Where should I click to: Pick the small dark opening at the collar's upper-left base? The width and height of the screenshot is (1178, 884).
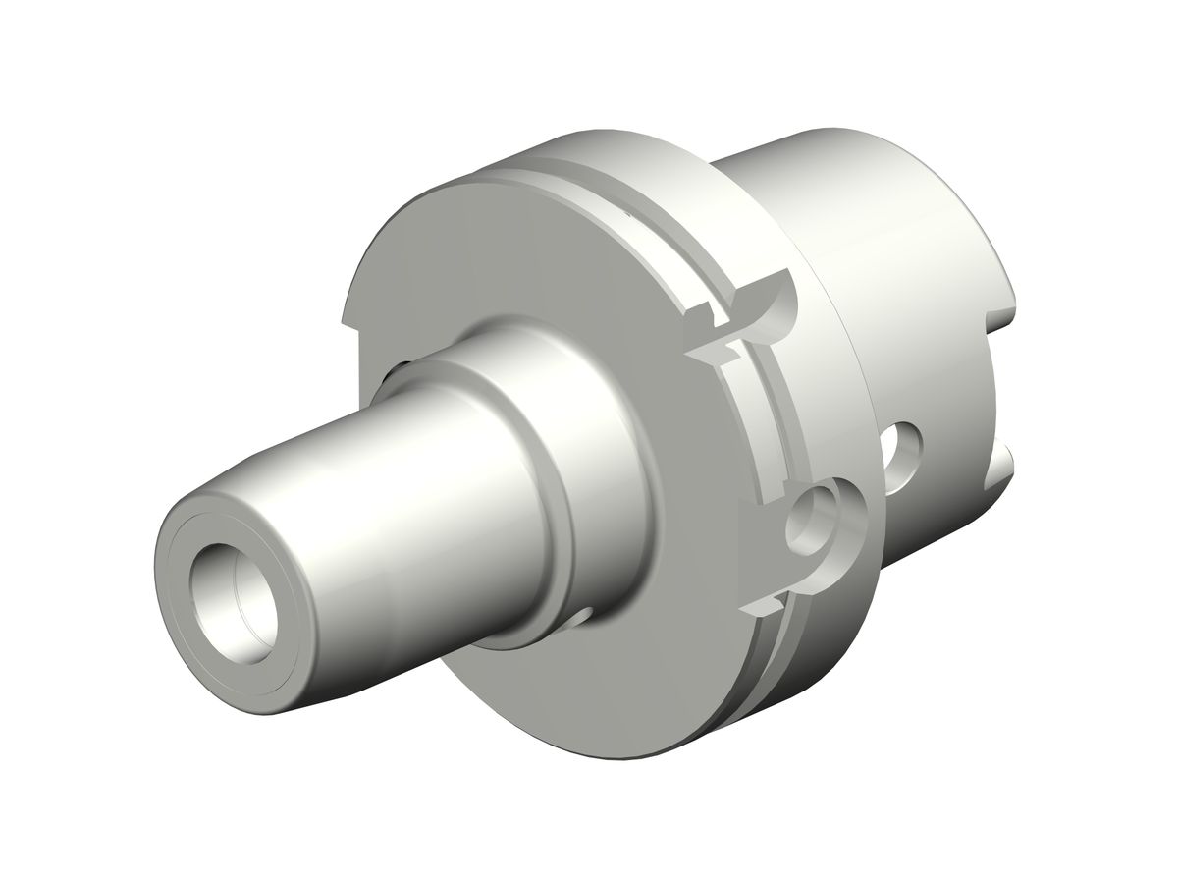click(403, 367)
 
